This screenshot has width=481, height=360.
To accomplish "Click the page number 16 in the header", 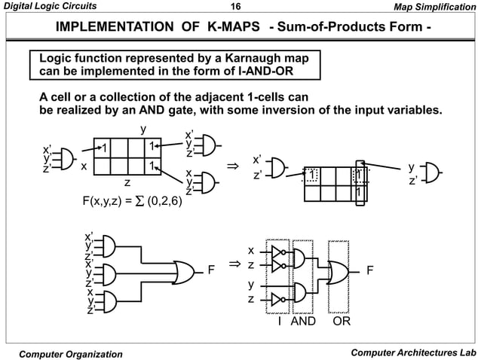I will [234, 8].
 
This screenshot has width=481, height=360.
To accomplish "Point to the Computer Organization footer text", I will [72, 353].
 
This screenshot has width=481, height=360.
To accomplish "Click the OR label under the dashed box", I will [344, 322].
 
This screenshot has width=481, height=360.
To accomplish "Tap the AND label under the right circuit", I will [302, 322].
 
